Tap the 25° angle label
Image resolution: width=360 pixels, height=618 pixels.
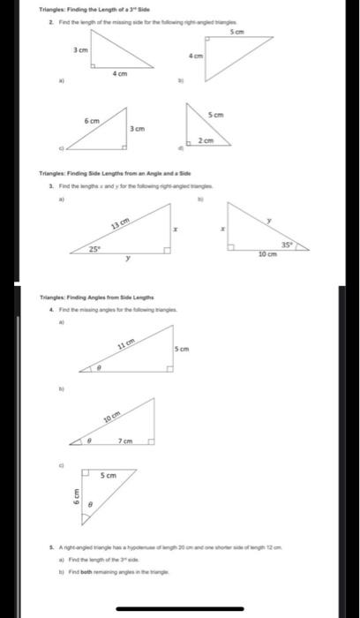point(94,250)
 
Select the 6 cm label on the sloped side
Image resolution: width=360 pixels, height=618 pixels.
point(92,119)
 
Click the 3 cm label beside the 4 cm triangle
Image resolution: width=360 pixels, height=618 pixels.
point(79,51)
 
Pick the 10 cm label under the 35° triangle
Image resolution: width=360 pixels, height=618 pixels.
point(267,254)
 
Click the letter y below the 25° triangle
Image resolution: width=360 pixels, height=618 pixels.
point(129,260)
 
